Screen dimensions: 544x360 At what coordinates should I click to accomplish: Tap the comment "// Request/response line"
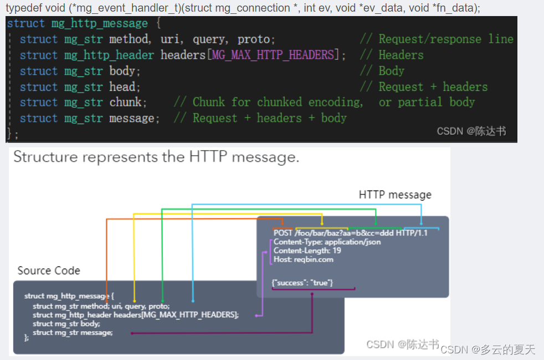pos(437,39)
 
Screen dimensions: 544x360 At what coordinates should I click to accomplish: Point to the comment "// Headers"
pos(391,55)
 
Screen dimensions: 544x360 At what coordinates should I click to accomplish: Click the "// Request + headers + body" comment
pos(260,118)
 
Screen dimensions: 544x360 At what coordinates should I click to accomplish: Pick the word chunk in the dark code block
pos(125,102)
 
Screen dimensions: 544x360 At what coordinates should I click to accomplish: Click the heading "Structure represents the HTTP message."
pos(156,157)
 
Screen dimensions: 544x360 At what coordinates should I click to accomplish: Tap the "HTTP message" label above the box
pos(395,195)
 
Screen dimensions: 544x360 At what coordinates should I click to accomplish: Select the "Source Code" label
pos(49,271)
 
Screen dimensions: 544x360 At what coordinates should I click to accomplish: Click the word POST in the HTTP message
pos(283,233)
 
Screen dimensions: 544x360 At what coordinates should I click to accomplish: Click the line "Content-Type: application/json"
pos(327,242)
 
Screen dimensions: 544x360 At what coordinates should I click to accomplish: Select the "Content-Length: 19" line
pos(307,250)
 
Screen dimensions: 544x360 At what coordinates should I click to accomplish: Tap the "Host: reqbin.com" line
pos(304,259)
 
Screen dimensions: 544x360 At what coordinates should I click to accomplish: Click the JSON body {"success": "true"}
pos(302,283)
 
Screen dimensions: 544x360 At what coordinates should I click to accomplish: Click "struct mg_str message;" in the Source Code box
pos(73,332)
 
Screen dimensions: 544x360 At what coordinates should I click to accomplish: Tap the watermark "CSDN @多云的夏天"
pos(489,349)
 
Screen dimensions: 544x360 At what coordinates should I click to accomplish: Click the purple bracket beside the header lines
pos(270,251)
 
